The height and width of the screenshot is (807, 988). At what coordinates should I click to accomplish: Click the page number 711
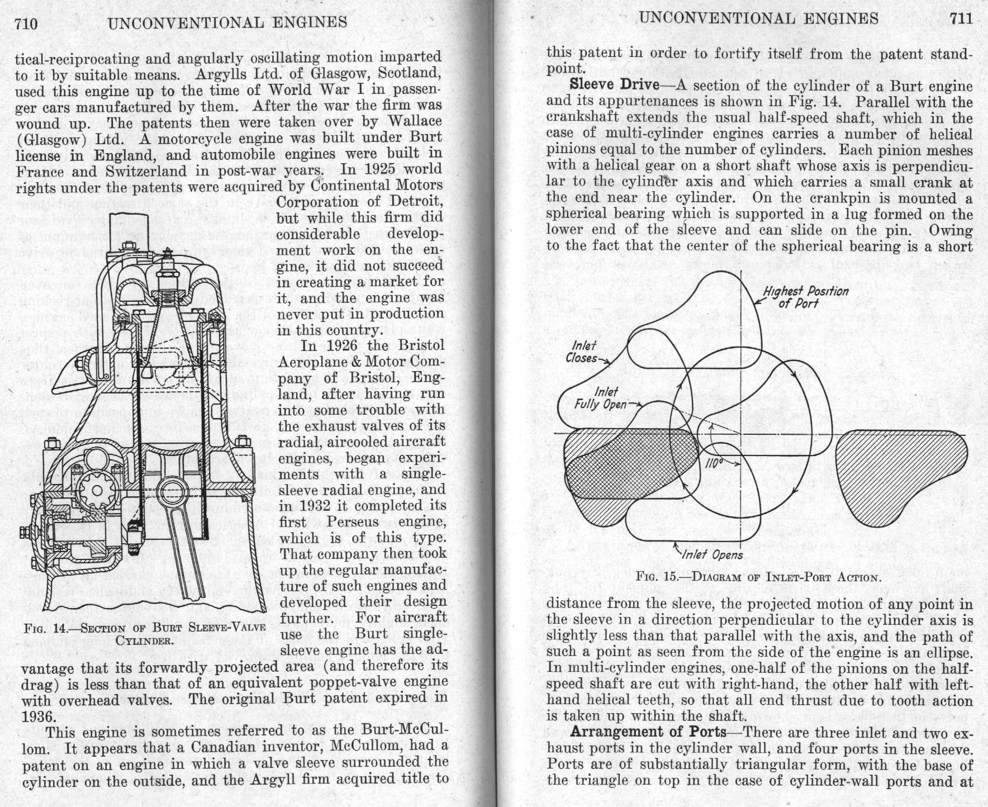click(961, 19)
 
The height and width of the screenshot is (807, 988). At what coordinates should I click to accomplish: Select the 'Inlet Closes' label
click(582, 352)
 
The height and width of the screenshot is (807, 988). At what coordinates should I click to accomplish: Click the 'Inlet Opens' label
click(712, 554)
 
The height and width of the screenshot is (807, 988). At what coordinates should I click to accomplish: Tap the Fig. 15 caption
click(758, 577)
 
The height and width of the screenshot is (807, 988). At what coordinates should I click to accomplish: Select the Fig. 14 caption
click(144, 633)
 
